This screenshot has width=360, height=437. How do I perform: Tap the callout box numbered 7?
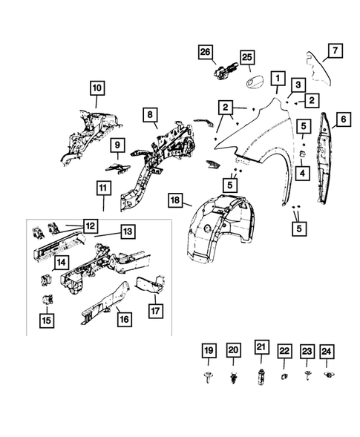point(335,50)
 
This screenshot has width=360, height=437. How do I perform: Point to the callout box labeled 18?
point(174,200)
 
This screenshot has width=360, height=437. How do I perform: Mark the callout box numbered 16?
point(124,318)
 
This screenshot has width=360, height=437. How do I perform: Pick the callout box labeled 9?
point(117,144)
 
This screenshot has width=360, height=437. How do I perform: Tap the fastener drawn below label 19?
point(209,378)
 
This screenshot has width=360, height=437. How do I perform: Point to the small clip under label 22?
point(284,377)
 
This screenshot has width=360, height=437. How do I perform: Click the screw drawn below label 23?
point(307,377)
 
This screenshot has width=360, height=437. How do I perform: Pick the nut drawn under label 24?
point(330,377)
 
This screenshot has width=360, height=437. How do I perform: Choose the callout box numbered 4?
point(303,173)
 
